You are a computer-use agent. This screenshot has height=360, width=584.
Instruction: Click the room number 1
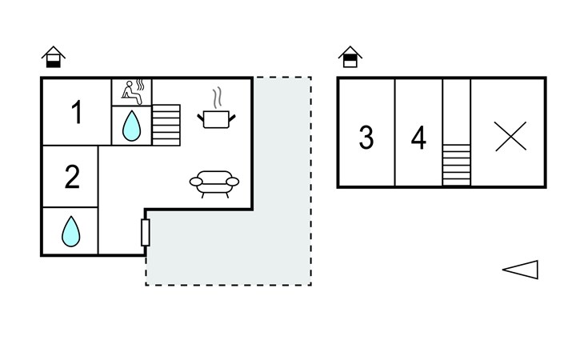pyautogui.click(x=77, y=113)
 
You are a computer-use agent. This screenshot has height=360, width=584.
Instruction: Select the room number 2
pyautogui.click(x=72, y=177)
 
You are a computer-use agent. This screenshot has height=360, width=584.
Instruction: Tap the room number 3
pyautogui.click(x=366, y=138)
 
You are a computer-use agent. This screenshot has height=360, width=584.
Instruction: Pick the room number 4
pyautogui.click(x=418, y=138)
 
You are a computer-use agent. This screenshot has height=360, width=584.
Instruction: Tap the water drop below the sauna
pyautogui.click(x=131, y=125)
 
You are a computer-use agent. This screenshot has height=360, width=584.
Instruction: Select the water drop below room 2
pyautogui.click(x=71, y=231)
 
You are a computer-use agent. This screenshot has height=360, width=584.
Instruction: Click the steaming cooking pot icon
pyautogui.click(x=217, y=118)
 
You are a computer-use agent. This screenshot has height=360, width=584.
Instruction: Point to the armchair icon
pyautogui.click(x=214, y=183)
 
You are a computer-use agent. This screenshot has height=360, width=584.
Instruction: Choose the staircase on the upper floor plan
pyautogui.click(x=456, y=164)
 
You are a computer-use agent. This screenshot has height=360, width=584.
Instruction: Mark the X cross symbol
pyautogui.click(x=510, y=136)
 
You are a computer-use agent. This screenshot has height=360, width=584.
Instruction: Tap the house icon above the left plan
pyautogui.click(x=54, y=58)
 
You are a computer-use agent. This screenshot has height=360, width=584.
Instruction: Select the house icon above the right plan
pyautogui.click(x=350, y=58)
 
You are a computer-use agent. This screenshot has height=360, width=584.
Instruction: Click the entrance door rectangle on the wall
pyautogui.click(x=146, y=231)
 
